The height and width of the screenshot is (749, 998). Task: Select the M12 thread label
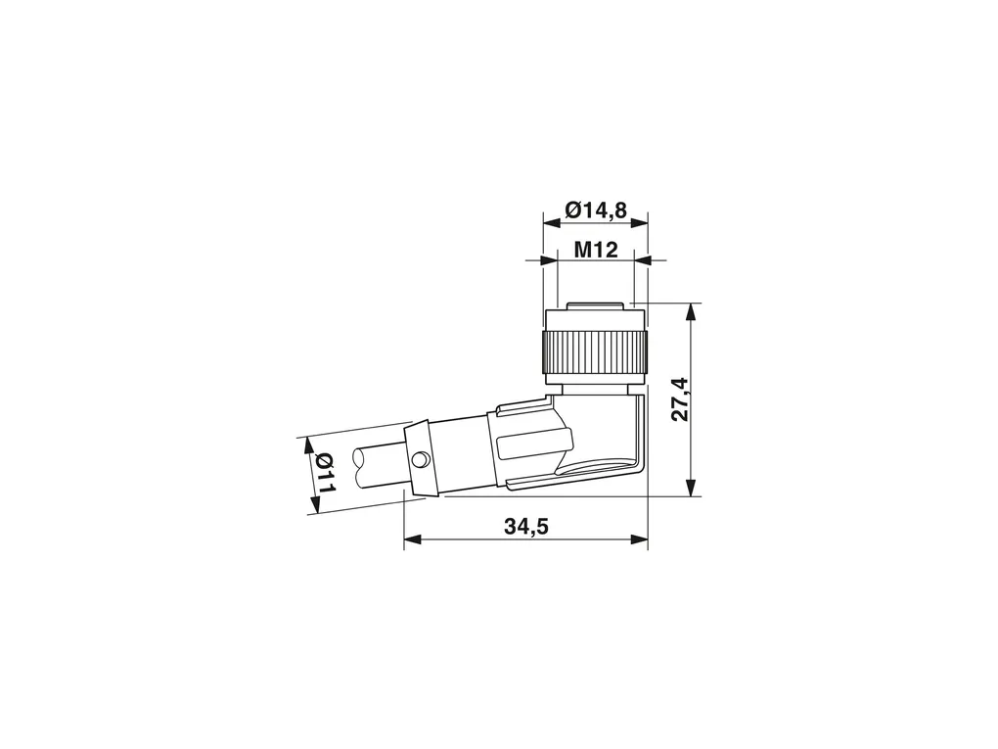[x=596, y=250]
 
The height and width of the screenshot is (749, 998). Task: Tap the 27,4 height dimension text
[x=680, y=399]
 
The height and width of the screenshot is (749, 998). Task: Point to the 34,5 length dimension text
[x=526, y=526]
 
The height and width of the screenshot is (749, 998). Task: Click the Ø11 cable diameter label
[x=326, y=473]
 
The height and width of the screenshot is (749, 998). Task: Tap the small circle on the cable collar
[x=420, y=459]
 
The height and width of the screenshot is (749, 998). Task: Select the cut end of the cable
[x=358, y=469]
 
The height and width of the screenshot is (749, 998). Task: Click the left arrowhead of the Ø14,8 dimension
[x=551, y=222]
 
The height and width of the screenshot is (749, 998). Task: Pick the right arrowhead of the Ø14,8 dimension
[x=639, y=222]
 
